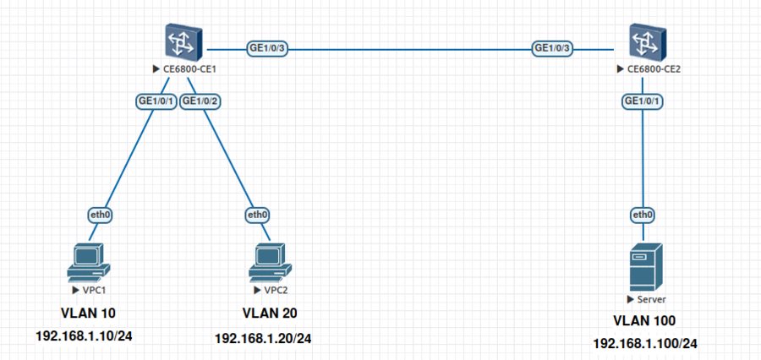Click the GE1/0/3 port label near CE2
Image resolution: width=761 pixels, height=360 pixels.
[553, 48]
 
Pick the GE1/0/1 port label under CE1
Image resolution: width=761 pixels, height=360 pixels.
[156, 101]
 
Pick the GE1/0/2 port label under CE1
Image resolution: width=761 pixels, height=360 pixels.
[201, 101]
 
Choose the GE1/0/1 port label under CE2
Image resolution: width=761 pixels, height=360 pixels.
[643, 101]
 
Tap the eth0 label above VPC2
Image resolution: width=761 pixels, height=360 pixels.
[257, 215]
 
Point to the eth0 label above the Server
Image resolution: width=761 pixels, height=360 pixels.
[643, 215]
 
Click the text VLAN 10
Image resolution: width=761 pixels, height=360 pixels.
[88, 314]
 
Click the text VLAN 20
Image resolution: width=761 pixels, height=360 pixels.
[270, 314]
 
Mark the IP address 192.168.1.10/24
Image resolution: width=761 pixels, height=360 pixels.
[84, 336]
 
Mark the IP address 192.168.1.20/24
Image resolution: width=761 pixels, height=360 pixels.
[263, 338]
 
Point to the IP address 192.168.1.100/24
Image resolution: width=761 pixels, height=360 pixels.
[645, 344]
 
